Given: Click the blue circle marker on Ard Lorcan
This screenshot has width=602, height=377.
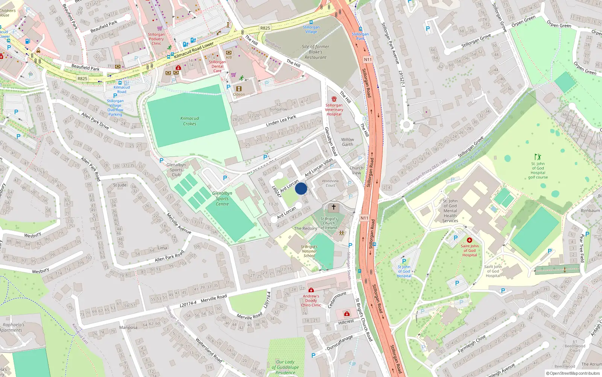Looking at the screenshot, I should [301, 188].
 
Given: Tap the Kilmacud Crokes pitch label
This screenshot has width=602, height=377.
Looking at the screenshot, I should [190, 121].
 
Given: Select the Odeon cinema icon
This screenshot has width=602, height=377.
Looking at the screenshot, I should [239, 89].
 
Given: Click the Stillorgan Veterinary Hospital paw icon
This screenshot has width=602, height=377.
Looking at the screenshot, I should [334, 99].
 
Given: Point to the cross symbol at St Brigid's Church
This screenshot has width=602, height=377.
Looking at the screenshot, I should [333, 207].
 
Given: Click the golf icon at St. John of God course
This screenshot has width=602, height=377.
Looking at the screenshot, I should [538, 156].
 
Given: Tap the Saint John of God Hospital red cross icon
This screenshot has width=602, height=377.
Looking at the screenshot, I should [469, 240].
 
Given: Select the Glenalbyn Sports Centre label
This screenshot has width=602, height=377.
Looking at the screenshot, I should [222, 199].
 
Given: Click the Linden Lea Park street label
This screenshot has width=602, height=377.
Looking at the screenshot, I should [281, 121].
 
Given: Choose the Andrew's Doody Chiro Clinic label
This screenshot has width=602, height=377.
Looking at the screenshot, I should [311, 300].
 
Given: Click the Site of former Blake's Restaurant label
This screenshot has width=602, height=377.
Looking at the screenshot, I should [315, 52].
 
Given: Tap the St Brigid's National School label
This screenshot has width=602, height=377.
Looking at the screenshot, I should [309, 251].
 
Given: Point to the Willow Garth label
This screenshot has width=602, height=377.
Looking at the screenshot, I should [347, 142].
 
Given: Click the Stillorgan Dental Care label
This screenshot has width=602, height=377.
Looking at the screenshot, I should [217, 66].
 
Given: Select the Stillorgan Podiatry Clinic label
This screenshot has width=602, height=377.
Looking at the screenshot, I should [156, 39].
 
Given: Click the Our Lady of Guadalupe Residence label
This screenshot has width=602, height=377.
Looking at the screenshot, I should [285, 367].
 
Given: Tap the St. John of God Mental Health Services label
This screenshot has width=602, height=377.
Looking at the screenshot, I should [450, 211].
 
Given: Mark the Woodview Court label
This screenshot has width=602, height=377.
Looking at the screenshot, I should [330, 183].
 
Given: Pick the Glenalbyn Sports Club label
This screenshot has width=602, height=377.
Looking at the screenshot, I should [176, 170].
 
